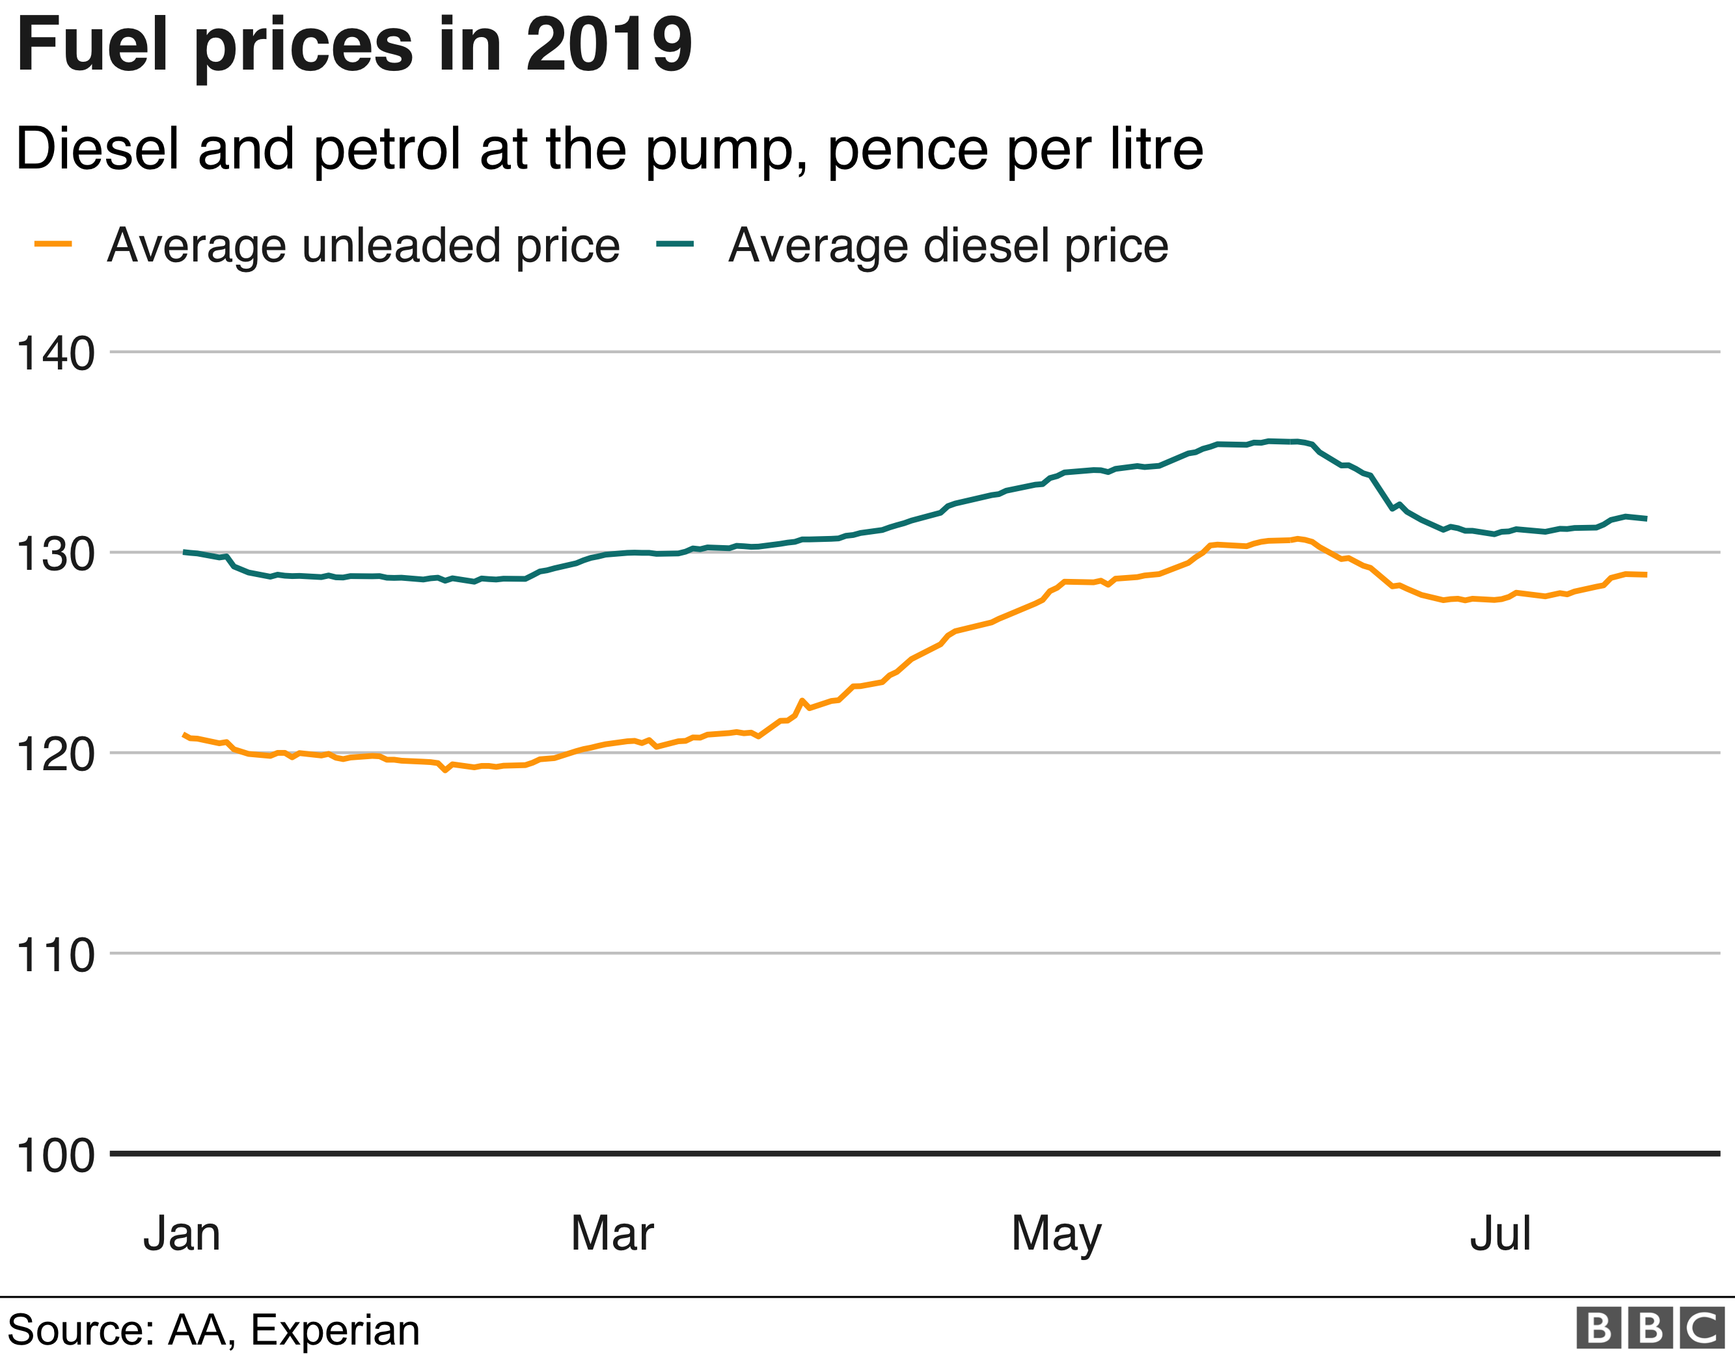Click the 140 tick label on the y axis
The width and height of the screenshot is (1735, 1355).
(x=55, y=353)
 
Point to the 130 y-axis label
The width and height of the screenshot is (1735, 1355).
(x=55, y=554)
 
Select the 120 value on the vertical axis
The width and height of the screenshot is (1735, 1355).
(x=55, y=755)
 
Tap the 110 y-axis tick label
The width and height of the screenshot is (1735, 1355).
(x=55, y=955)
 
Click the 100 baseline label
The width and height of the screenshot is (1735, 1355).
(x=55, y=1156)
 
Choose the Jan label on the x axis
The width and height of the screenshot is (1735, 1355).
(x=182, y=1233)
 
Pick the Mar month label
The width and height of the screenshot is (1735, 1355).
(x=612, y=1233)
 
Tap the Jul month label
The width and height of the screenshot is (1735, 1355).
(x=1500, y=1233)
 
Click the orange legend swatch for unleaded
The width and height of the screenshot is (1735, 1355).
(x=53, y=245)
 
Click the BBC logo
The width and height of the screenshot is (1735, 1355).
(x=1649, y=1327)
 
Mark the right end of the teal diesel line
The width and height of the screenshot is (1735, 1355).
(x=1646, y=518)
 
